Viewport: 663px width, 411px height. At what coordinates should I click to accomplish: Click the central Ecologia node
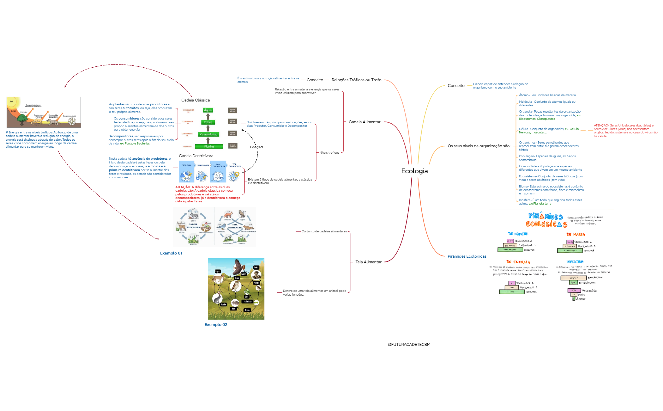point(414,171)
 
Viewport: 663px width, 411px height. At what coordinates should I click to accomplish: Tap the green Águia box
point(208,110)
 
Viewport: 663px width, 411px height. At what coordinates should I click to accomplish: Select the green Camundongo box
point(208,134)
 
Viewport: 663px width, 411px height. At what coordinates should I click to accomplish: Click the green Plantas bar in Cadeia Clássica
point(209,146)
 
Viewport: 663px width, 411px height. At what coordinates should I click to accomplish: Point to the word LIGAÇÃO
point(256,147)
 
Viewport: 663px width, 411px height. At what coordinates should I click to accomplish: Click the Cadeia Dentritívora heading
point(196,156)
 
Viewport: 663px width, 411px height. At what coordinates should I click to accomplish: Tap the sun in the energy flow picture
point(11,102)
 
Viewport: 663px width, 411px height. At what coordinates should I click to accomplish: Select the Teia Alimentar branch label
point(368,262)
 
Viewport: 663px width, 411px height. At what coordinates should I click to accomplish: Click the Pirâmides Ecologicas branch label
point(467,256)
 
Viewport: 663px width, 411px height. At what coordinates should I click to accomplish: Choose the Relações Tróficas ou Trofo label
point(356,80)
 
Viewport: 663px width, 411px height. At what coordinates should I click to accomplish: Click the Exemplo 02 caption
point(216,325)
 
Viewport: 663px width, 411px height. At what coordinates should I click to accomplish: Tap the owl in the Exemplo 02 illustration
point(235,286)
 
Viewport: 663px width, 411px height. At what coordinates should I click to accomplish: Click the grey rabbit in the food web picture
point(217,298)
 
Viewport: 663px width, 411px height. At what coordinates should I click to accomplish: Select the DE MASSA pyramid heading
point(575,235)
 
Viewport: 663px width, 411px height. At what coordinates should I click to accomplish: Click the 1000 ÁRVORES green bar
point(510,250)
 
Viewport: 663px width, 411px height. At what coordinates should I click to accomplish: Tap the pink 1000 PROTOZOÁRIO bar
point(573,291)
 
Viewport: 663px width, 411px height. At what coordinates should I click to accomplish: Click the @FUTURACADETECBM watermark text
point(409,345)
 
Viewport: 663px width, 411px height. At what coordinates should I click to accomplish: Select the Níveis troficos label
point(329,153)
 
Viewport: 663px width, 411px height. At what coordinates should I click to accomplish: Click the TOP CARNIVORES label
point(234,165)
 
